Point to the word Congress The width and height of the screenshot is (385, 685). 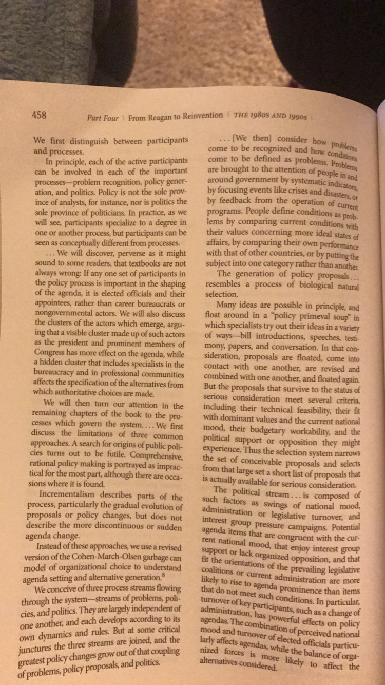click(53, 352)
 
